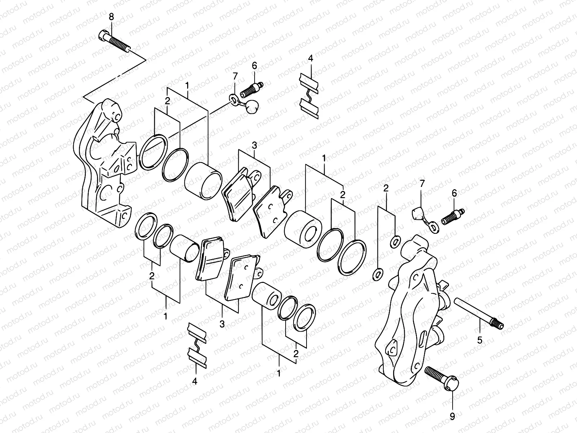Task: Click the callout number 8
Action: coord(111,17)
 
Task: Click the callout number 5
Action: coord(480,340)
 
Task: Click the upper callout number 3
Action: coord(255,146)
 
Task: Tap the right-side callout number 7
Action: coord(422,185)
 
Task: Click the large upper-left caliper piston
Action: coord(203,180)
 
